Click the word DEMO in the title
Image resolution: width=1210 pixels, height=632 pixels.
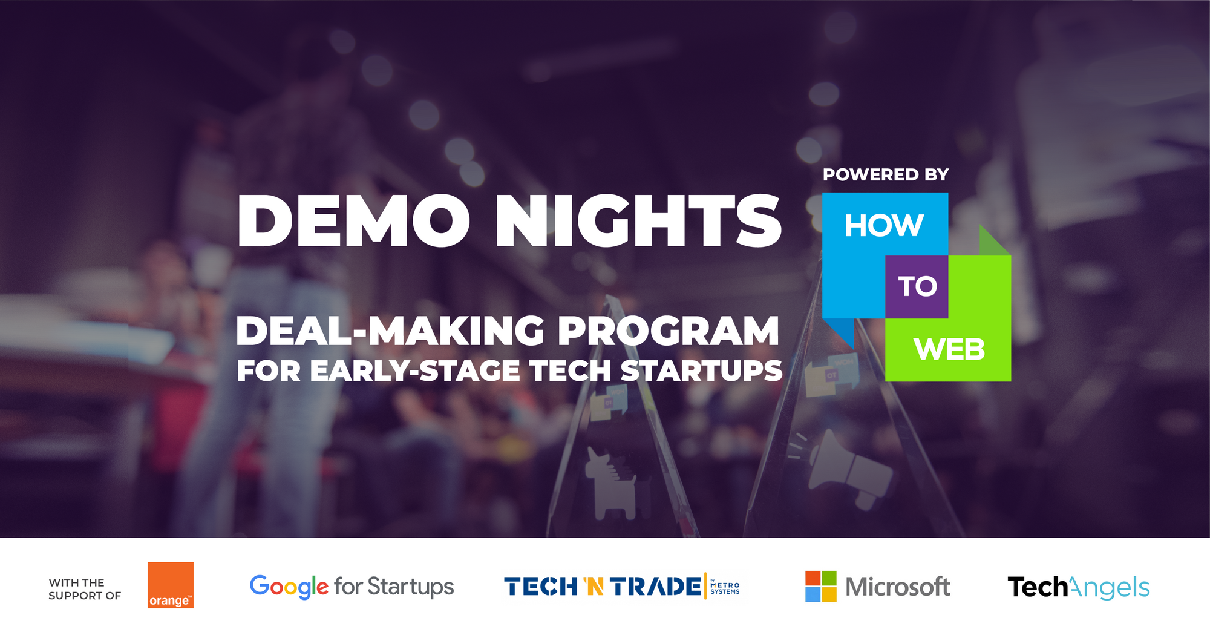point(354,221)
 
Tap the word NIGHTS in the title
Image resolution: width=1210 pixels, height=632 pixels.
point(639,221)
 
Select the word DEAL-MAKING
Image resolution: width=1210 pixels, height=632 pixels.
point(390,331)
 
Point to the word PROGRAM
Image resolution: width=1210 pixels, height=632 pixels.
point(669,331)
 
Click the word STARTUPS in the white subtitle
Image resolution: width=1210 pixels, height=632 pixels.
point(702,370)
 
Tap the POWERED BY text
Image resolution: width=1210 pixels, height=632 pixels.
point(886,175)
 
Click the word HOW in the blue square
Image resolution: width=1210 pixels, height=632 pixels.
point(884,226)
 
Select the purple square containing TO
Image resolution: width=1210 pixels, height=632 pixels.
point(917,286)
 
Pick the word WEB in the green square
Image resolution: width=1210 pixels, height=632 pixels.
point(949,349)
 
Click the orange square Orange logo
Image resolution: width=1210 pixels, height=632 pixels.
point(171,585)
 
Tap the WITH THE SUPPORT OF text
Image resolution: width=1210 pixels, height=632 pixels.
point(85,589)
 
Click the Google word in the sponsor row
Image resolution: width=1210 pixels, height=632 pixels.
point(289,587)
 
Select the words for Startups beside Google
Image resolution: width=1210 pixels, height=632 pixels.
point(394,587)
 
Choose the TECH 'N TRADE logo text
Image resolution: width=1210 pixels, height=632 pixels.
point(603,587)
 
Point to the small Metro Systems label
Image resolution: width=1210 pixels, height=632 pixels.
point(725,587)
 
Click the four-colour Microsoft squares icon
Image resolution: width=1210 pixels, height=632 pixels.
point(821,586)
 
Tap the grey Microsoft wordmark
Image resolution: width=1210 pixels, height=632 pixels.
point(898,587)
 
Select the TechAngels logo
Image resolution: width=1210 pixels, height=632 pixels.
point(1079,587)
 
